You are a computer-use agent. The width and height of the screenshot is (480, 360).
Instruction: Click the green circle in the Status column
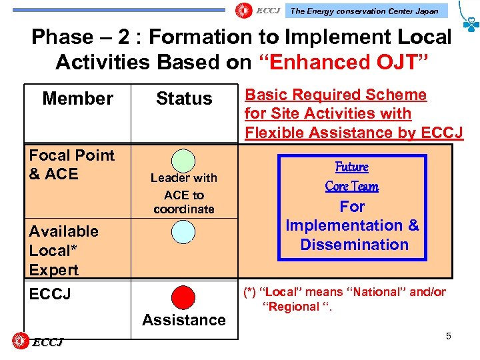point(183,160)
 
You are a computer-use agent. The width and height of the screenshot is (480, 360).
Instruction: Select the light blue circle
point(183,231)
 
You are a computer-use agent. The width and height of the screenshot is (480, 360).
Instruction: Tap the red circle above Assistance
point(183,297)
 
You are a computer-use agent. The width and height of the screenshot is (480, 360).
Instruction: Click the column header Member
point(77,99)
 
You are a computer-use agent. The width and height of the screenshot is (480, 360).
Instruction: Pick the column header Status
point(184,99)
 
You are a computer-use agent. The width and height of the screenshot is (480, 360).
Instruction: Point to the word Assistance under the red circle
point(184,320)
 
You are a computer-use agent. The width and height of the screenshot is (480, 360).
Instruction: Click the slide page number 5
point(449,336)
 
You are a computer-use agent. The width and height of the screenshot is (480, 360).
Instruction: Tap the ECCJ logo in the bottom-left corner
point(39,342)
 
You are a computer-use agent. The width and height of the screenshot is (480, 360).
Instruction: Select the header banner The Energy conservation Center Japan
point(365,11)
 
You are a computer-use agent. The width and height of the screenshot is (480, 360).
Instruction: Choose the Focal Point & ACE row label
point(71,165)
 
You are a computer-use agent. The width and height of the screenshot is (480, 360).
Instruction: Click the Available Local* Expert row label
point(63,251)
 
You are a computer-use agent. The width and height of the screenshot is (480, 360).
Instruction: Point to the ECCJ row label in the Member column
point(50,294)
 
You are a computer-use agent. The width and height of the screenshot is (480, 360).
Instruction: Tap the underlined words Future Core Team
point(352,177)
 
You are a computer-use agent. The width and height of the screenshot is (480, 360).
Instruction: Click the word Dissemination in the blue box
point(354,245)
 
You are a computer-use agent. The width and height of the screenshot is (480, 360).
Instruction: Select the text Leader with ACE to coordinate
point(184,193)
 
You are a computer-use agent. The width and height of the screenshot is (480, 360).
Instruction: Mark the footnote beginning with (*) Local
point(345,299)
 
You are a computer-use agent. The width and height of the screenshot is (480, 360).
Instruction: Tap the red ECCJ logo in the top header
point(257,11)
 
